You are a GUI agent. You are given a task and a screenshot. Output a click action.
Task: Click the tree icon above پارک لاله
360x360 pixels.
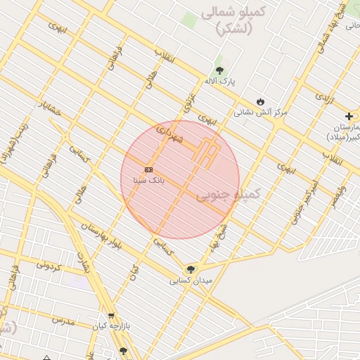[x=220, y=70]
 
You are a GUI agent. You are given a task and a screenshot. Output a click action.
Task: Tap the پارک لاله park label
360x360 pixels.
[x=220, y=82]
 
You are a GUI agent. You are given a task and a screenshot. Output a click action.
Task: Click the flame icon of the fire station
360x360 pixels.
[x=262, y=101]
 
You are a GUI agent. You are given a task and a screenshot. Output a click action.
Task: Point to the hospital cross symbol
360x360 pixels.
[x=349, y=116]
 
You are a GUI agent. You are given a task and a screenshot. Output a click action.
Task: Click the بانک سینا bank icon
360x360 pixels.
[x=148, y=169]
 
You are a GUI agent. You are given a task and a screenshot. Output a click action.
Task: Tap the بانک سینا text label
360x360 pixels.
[x=148, y=181]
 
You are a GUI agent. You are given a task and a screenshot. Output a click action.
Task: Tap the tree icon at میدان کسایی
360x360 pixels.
[x=191, y=269]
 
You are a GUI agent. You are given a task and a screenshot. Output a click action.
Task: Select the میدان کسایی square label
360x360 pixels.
[x=190, y=281]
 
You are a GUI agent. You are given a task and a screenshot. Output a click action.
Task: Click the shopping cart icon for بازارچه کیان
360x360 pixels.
[x=110, y=316]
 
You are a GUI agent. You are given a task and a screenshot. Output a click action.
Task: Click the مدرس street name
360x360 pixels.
[x=63, y=320]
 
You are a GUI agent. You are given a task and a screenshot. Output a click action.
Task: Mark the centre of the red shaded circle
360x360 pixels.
[x=180, y=179]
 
